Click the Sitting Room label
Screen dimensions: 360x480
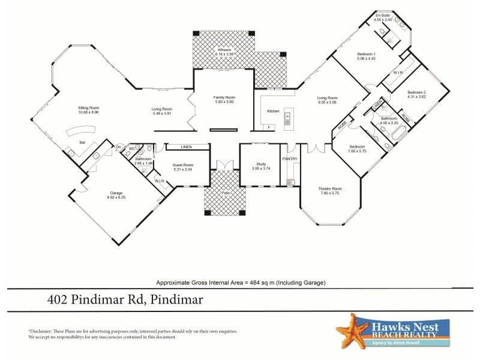click(88, 108)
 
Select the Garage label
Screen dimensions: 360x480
click(116, 193)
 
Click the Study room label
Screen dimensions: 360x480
click(260, 164)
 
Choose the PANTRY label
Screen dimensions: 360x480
click(290, 158)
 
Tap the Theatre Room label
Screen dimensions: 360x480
click(329, 189)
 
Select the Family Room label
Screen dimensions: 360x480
click(224, 97)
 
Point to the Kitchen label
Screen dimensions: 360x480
click(273, 111)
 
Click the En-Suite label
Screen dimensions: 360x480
click(382, 15)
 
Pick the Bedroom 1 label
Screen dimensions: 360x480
click(367, 55)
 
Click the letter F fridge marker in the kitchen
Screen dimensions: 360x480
click(269, 128)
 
